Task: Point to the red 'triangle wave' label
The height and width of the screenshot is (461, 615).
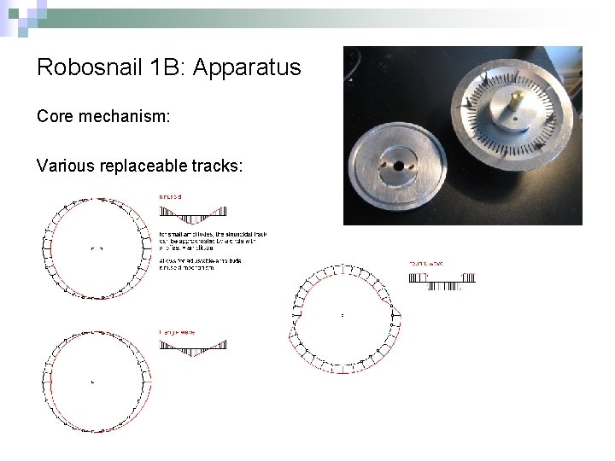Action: coord(177,331)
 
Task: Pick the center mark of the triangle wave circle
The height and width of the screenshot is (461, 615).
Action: coord(92,382)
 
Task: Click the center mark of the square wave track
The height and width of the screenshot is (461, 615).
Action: coord(342,316)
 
